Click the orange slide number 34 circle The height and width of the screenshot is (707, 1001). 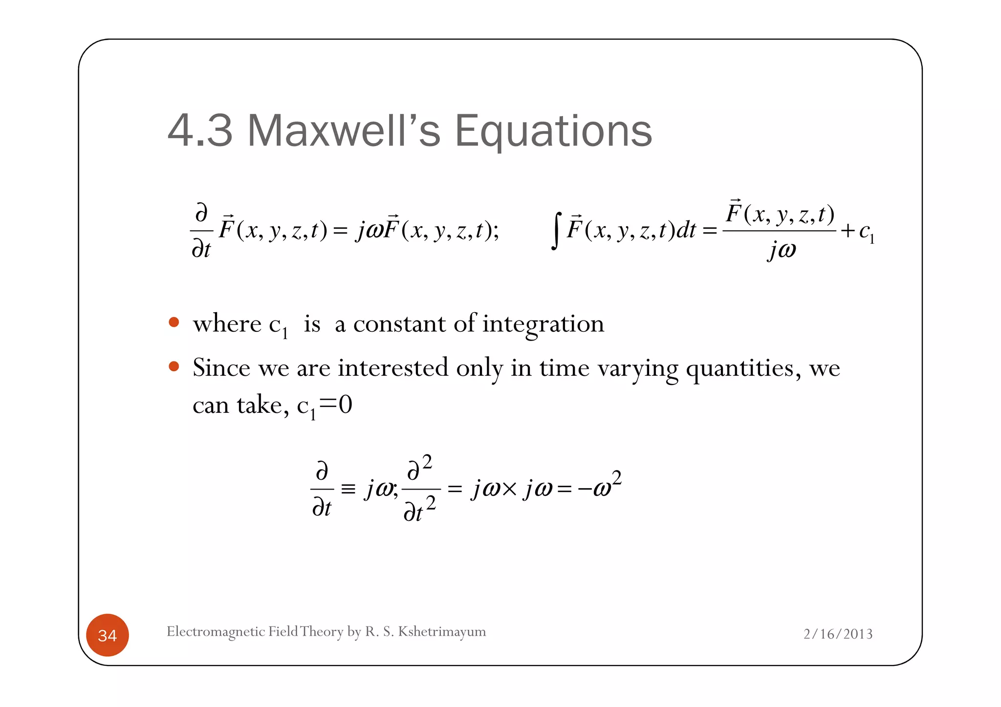click(x=107, y=635)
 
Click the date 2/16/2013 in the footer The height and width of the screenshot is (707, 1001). click(x=838, y=634)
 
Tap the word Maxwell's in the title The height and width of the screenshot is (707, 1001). click(x=344, y=130)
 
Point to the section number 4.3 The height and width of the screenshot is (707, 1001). click(x=200, y=130)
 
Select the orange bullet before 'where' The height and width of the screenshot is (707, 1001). click(x=174, y=322)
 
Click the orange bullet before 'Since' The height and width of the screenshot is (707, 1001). click(x=174, y=366)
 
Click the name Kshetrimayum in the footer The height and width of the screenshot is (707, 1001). click(x=442, y=632)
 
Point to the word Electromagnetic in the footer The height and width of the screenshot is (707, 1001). click(x=216, y=632)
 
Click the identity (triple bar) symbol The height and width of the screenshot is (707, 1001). click(x=348, y=489)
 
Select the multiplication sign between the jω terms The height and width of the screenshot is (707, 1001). click(x=509, y=489)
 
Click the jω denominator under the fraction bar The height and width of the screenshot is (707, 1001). click(x=782, y=250)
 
